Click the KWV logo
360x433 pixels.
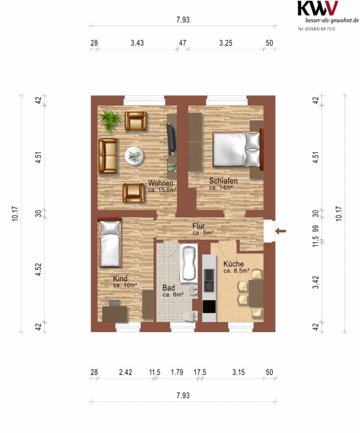click(x=318, y=8)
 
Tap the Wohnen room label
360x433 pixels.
click(x=161, y=183)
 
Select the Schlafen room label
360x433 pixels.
click(x=223, y=181)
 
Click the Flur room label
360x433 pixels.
click(x=199, y=226)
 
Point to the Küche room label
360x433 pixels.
click(x=233, y=264)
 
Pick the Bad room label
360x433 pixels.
click(x=168, y=288)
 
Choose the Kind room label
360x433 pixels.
click(x=120, y=279)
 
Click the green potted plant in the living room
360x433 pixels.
click(x=110, y=120)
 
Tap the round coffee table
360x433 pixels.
click(x=134, y=156)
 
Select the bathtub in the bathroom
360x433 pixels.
click(x=189, y=263)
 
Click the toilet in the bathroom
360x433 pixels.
click(x=191, y=316)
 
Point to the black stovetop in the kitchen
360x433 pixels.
click(x=209, y=306)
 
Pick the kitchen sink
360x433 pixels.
click(x=209, y=280)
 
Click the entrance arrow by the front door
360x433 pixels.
click(x=281, y=231)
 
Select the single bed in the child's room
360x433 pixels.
click(x=110, y=243)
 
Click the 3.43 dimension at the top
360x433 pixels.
click(x=137, y=43)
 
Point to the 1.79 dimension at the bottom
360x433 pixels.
click(x=177, y=372)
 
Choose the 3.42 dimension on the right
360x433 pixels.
click(x=315, y=282)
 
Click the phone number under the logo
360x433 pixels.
click(x=316, y=29)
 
